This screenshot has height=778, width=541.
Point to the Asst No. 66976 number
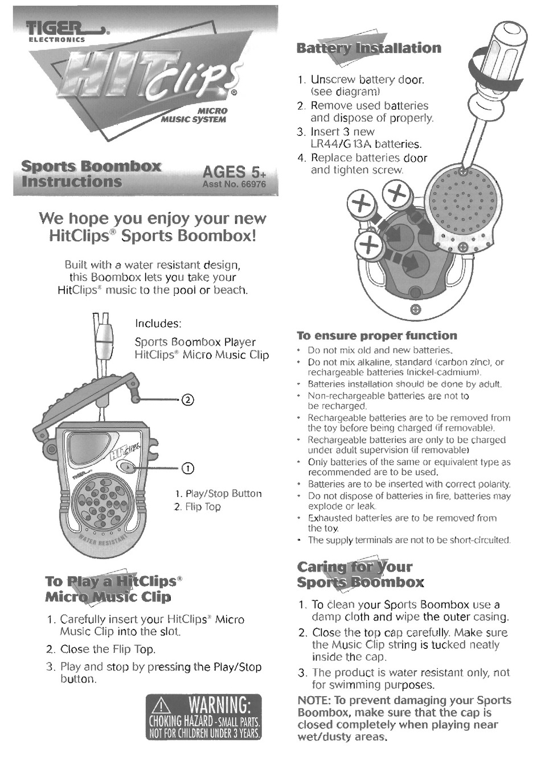(234, 185)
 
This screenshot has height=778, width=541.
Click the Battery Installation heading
(368, 48)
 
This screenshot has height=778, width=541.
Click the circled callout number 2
(188, 399)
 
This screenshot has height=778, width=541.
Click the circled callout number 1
(187, 468)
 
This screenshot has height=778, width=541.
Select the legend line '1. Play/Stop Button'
(218, 493)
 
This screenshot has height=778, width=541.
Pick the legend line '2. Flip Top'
(198, 507)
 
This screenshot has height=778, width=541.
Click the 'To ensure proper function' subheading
(377, 336)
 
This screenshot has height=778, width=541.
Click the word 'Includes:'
(158, 324)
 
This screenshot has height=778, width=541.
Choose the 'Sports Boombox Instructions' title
(91, 174)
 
